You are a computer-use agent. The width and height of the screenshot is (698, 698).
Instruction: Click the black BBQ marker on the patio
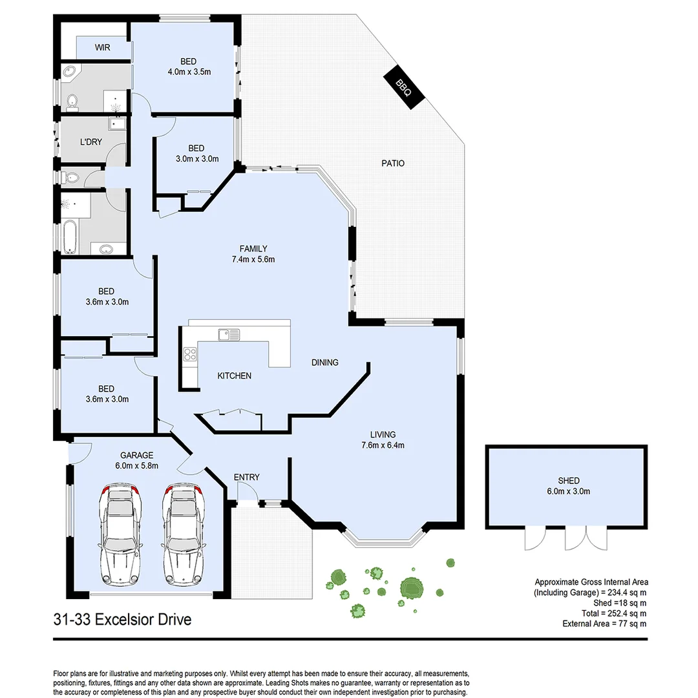404,87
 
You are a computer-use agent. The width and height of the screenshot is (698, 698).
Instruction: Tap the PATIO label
393,164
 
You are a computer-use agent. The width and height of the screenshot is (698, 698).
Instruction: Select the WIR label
102,48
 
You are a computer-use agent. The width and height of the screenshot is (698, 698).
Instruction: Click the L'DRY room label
91,142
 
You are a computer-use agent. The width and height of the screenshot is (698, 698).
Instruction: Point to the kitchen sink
229,334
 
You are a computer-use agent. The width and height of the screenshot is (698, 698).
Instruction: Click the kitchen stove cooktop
191,354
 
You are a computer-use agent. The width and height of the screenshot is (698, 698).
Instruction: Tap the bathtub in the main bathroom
70,237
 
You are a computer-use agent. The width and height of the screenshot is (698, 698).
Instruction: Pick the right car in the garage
184,534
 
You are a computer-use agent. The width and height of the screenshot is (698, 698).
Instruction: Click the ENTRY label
247,477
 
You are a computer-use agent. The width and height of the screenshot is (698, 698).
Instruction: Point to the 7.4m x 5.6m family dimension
253,260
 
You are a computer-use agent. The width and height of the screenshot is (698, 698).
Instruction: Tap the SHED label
569,481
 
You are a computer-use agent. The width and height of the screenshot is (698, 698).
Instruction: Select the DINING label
324,363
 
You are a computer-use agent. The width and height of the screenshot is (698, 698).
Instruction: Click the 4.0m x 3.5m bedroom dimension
189,72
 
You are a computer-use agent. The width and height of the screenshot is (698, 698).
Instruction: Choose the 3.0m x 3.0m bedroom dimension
197,158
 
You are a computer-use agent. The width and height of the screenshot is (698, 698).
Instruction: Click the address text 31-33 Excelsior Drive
123,620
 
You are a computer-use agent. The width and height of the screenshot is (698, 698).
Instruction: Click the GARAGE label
136,455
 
